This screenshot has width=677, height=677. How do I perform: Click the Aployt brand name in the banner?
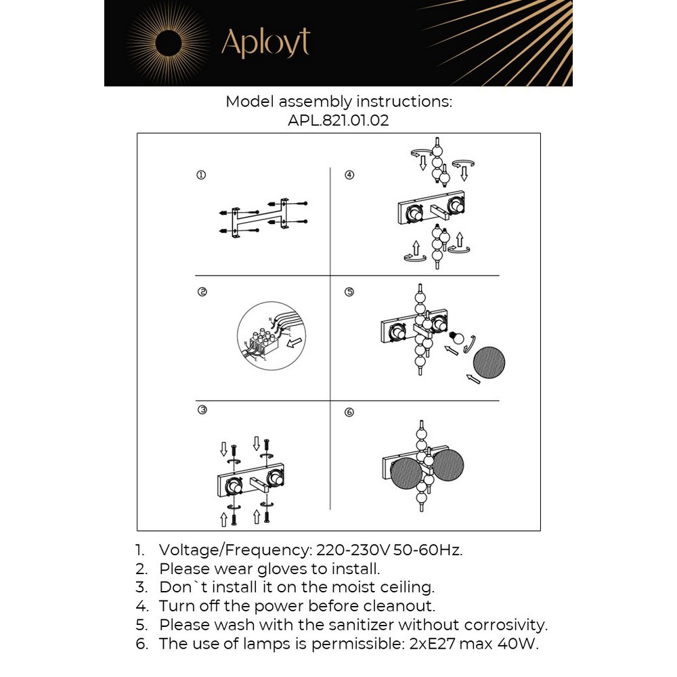click(265, 43)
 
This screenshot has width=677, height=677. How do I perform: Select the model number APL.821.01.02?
click(338, 121)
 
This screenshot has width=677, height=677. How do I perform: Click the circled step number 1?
click(201, 175)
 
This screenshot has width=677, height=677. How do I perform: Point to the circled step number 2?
click(201, 292)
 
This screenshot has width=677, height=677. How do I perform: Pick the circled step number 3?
click(201, 410)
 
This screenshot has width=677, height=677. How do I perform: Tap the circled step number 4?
click(349, 175)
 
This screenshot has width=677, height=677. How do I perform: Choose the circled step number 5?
click(349, 292)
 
